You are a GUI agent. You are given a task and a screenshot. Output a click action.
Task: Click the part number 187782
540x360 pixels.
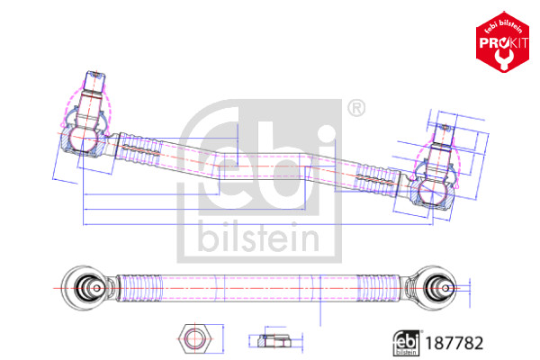pyautogui.click(x=454, y=343)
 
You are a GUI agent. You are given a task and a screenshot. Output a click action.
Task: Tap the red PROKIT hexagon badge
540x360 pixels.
pyautogui.click(x=502, y=42)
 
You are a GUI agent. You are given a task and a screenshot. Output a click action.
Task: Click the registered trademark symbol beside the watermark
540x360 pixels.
pyautogui.click(x=356, y=109)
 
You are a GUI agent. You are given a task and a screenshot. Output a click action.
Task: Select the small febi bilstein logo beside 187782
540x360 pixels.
pyautogui.click(x=407, y=343)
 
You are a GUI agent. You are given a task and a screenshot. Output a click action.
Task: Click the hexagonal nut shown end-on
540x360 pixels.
pyautogui.click(x=193, y=338)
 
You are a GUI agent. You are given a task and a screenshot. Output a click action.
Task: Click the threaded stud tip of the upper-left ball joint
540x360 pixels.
pyautogui.click(x=94, y=82)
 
